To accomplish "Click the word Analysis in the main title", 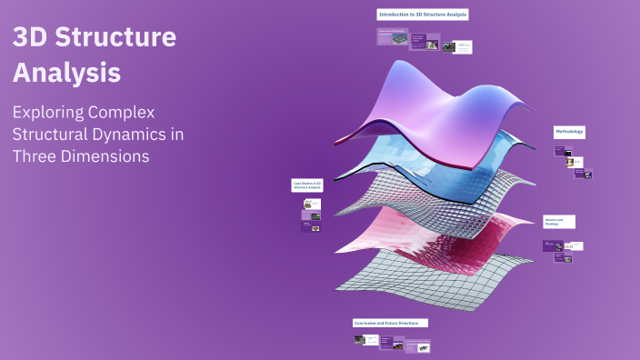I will [66, 73].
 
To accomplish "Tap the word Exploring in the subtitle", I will [55, 113].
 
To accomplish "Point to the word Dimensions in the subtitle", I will [105, 155].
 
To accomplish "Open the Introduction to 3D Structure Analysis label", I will [423, 15].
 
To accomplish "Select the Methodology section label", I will [569, 132].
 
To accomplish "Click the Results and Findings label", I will [558, 221].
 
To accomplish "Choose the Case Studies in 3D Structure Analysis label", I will [306, 185].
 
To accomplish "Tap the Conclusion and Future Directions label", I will [390, 323].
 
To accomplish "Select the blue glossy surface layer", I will [418, 164].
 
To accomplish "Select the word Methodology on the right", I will [569, 132].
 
